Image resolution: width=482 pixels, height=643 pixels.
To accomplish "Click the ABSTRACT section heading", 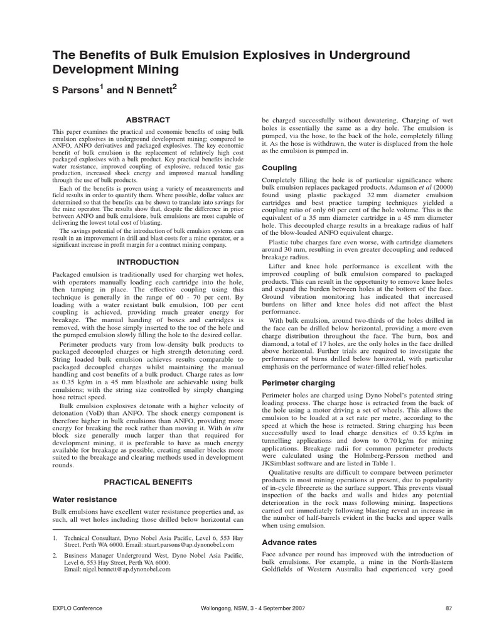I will click(x=147, y=119).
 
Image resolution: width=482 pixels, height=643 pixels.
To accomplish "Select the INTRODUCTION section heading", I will click(x=147, y=261).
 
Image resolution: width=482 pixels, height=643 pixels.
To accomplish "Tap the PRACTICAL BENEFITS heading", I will click(x=147, y=482).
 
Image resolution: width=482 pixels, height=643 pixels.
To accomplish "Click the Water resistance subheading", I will click(x=84, y=499).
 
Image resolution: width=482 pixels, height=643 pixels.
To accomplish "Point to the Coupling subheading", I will click(x=279, y=168).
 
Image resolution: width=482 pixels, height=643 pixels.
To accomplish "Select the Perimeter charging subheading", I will click(x=298, y=382).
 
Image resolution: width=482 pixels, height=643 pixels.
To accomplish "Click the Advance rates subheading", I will click(x=289, y=542).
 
